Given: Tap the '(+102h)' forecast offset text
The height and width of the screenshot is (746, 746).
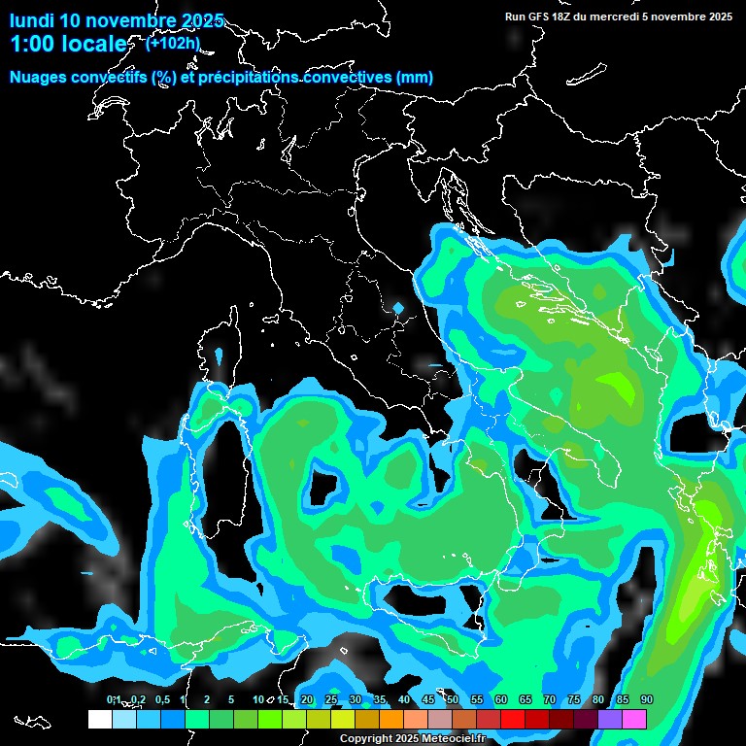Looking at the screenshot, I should [x=173, y=43].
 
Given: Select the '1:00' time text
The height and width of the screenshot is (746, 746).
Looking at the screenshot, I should [x=34, y=45].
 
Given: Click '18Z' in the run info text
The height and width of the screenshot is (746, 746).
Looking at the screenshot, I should [x=563, y=17].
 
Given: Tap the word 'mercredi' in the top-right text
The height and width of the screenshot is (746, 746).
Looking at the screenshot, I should [x=617, y=17].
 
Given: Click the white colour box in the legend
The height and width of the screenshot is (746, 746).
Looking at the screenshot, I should [x=99, y=719].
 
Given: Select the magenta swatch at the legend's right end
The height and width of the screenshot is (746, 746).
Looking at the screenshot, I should [x=634, y=719].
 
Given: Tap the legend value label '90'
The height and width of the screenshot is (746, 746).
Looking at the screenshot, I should [x=647, y=699].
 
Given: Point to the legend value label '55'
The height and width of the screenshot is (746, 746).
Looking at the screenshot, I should [x=477, y=699].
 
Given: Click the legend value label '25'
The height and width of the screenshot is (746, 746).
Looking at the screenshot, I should [x=331, y=699].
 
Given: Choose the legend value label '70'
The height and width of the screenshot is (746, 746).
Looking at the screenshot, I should [x=550, y=699].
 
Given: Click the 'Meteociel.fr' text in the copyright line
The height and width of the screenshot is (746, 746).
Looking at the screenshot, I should [x=453, y=739].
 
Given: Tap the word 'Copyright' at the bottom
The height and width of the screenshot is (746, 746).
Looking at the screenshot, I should [x=365, y=739].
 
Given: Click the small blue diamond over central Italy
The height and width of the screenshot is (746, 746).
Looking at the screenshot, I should [x=398, y=309].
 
